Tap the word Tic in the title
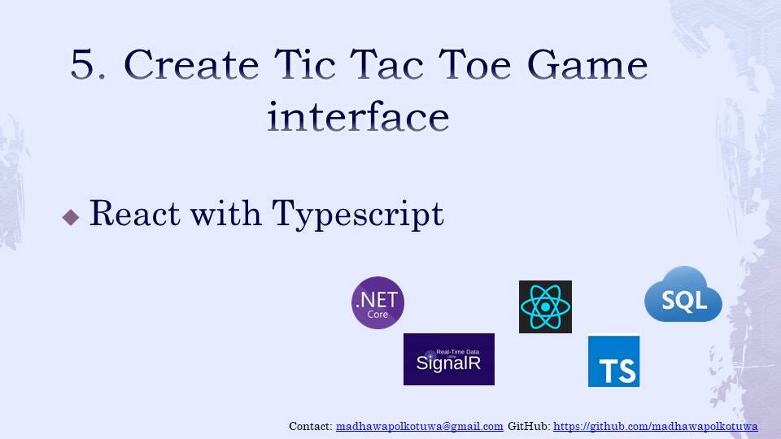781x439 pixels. tap(327, 65)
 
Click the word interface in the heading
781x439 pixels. tap(358, 117)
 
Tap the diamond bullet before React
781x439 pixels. tap(71, 217)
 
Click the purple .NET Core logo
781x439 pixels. tap(377, 302)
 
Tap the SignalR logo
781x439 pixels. tap(448, 359)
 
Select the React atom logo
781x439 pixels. tap(545, 306)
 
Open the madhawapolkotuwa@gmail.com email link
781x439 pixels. tap(419, 426)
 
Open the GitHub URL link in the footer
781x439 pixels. tap(656, 426)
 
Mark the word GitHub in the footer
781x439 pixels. tap(528, 426)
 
